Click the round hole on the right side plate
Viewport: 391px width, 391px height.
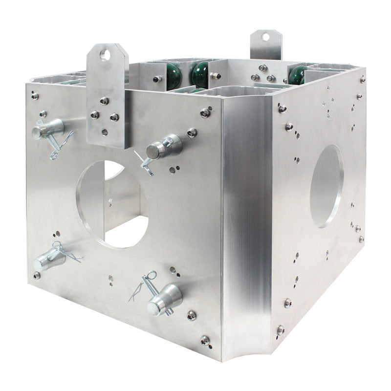pos(326,186)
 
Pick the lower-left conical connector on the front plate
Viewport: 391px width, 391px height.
pos(50,258)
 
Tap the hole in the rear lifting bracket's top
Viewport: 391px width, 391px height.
pos(265,37)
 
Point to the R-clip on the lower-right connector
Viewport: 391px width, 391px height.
pos(142,286)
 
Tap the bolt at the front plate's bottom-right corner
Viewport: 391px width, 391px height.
pos(205,340)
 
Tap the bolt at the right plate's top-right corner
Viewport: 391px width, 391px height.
pos(363,79)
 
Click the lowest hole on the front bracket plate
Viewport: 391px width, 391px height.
pos(105,132)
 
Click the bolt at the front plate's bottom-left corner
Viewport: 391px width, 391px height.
pos(37,275)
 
